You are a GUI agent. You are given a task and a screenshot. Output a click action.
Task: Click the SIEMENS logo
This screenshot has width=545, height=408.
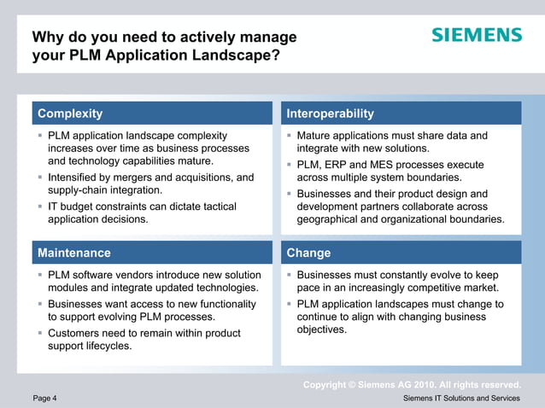476,35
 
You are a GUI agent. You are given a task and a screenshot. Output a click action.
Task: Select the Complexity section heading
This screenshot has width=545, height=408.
70,114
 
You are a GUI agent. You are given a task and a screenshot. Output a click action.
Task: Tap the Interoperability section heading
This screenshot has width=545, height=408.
330,114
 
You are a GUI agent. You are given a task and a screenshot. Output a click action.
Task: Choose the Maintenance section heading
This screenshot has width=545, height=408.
73,253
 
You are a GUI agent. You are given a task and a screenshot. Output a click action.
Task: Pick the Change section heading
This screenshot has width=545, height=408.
308,253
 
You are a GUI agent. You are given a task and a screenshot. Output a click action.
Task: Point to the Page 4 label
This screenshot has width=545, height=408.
45,399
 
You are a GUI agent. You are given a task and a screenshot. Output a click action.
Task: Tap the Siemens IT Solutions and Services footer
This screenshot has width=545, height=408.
461,399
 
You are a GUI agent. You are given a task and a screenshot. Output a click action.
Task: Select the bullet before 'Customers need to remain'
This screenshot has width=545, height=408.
39,333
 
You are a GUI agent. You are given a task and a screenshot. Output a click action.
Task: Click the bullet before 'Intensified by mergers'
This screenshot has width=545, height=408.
39,178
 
